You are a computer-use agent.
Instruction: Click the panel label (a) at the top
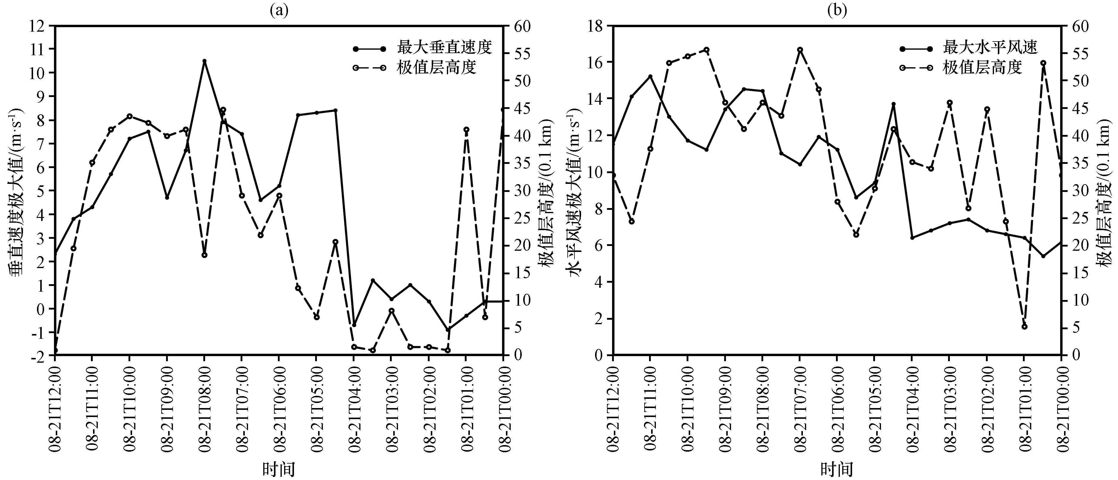pyautogui.click(x=279, y=10)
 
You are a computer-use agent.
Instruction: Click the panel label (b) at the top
pyautogui.click(x=837, y=10)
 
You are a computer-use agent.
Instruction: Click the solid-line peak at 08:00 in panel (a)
pyautogui.click(x=205, y=61)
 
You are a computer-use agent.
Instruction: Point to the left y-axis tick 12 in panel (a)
pyautogui.click(x=38, y=26)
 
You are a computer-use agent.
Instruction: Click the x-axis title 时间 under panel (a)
pyautogui.click(x=279, y=469)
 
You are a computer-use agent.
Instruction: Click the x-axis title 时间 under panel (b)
pyautogui.click(x=837, y=469)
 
